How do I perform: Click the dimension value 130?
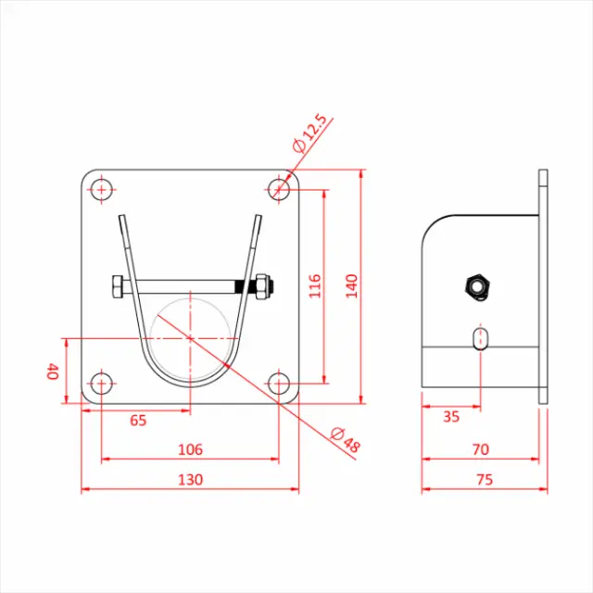tap(189, 480)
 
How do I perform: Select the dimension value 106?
tap(189, 449)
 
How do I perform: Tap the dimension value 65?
tap(138, 420)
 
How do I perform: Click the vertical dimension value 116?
tap(314, 286)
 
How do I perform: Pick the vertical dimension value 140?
tap(350, 286)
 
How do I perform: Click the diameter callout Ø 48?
tap(345, 440)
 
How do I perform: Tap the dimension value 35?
tap(451, 417)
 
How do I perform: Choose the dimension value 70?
tap(480, 449)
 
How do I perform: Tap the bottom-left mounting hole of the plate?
tap(101, 383)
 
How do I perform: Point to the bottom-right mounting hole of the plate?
tap(279, 383)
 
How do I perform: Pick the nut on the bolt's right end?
tap(261, 287)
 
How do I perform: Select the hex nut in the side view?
tap(478, 286)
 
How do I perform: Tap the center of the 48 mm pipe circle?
tap(190, 338)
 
